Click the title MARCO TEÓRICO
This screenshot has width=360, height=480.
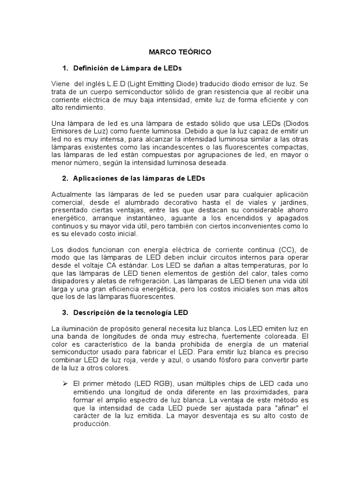click(180, 52)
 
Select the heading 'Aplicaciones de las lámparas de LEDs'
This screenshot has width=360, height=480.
click(139, 179)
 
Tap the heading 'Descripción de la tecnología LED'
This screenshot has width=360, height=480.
click(131, 312)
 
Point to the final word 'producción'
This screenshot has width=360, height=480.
click(91, 424)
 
